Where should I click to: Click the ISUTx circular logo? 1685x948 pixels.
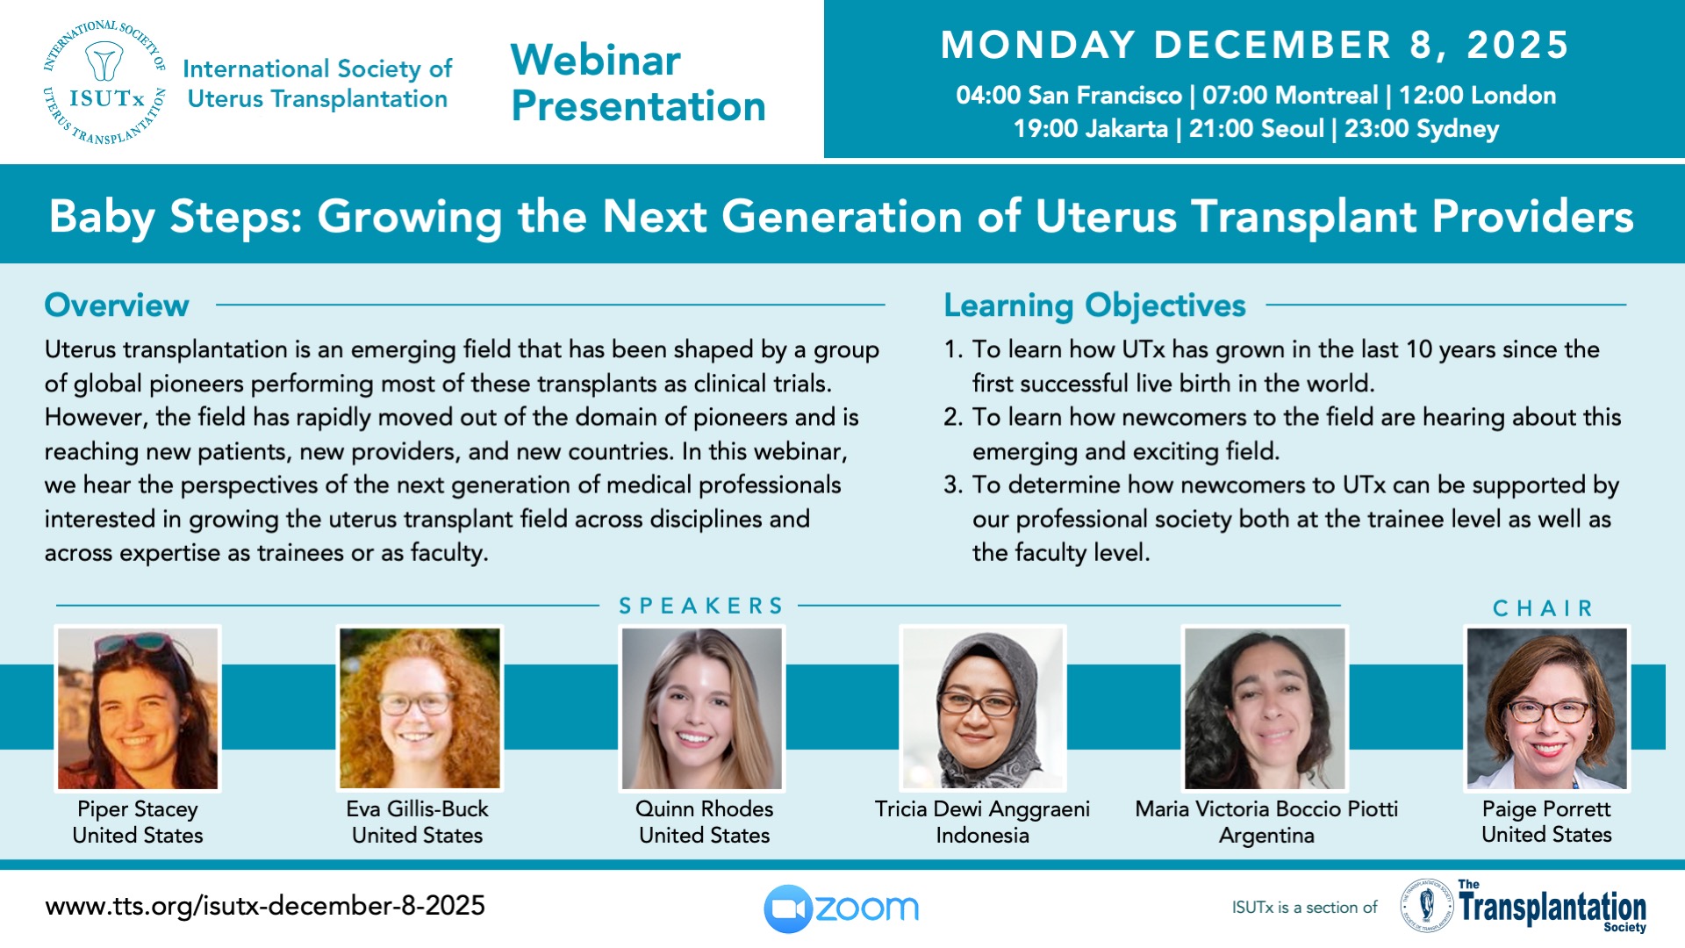click(x=104, y=82)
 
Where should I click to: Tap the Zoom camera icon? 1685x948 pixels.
click(x=788, y=908)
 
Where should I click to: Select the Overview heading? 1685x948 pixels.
click(x=117, y=305)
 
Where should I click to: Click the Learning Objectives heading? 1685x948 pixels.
click(x=1094, y=305)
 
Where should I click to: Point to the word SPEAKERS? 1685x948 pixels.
click(x=701, y=606)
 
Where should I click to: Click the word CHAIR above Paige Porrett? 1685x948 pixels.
click(x=1543, y=608)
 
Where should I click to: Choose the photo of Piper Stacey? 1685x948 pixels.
click(x=138, y=708)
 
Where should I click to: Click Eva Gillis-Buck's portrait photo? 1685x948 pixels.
click(x=419, y=708)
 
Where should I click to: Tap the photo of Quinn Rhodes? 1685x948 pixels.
click(x=701, y=708)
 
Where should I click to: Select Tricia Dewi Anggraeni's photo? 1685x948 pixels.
click(x=983, y=708)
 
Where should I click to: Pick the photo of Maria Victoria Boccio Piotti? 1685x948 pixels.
click(x=1265, y=708)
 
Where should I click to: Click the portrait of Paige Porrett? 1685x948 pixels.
click(x=1546, y=708)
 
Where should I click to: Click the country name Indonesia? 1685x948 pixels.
click(x=982, y=835)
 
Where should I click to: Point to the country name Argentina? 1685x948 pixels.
click(x=1266, y=836)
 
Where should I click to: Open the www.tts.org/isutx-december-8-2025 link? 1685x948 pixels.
click(x=265, y=906)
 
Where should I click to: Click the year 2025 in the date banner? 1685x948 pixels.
click(x=1518, y=46)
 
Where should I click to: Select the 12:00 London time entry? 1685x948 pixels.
click(x=1477, y=95)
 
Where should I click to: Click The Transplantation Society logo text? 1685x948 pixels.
click(x=1552, y=907)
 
